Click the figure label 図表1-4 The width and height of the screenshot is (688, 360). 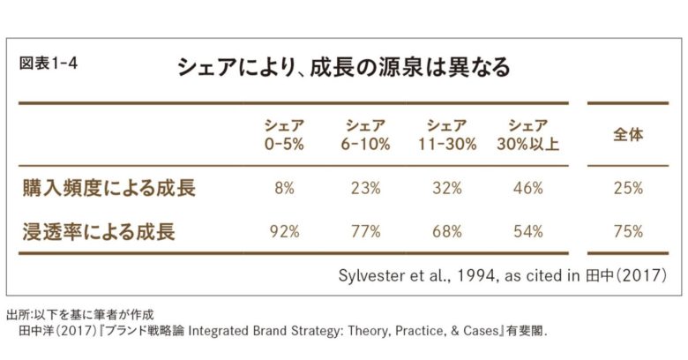tap(49, 64)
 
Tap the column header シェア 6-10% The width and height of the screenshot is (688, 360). tap(363, 135)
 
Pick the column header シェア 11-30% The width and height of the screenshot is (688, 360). tap(446, 135)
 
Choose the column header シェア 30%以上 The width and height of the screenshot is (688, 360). tap(528, 135)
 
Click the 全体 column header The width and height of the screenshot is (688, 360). tap(628, 135)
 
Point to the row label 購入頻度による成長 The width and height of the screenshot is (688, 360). tap(108, 188)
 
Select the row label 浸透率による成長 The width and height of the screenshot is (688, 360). tap(99, 232)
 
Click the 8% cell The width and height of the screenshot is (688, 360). tap(283, 188)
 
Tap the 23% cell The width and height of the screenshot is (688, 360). tap(363, 188)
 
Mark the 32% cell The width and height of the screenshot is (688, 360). tap(446, 188)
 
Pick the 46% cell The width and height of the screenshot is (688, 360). tap(528, 188)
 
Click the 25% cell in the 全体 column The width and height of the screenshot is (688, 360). tap(628, 188)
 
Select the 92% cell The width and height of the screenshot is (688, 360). tap(283, 232)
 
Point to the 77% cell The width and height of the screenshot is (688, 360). tap(363, 232)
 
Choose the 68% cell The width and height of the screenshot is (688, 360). tap(446, 232)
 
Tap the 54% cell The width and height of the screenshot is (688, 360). tap(528, 232)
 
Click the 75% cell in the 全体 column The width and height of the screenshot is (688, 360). tap(628, 232)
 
